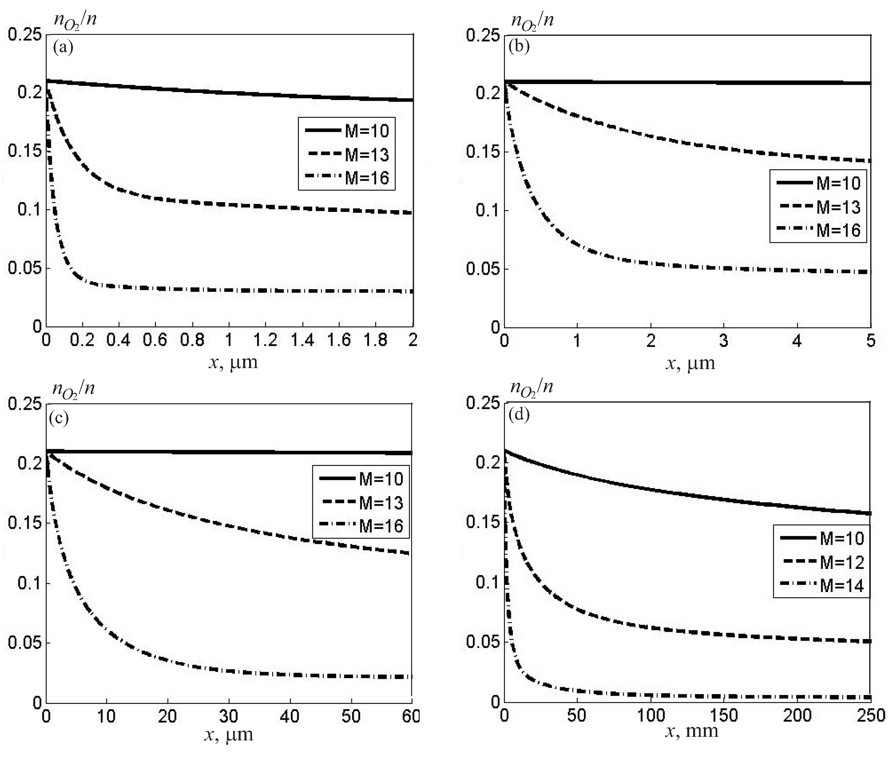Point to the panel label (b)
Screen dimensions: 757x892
point(519,46)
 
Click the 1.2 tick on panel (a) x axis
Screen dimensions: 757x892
point(265,340)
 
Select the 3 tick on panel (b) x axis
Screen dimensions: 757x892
point(724,341)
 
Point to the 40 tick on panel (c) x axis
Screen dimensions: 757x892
point(290,716)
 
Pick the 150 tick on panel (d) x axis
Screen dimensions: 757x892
point(724,715)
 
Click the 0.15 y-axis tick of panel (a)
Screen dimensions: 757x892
point(24,151)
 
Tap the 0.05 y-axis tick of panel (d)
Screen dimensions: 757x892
point(483,642)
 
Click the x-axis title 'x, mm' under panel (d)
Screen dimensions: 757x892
point(691,731)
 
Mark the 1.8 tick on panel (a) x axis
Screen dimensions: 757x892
point(376,340)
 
